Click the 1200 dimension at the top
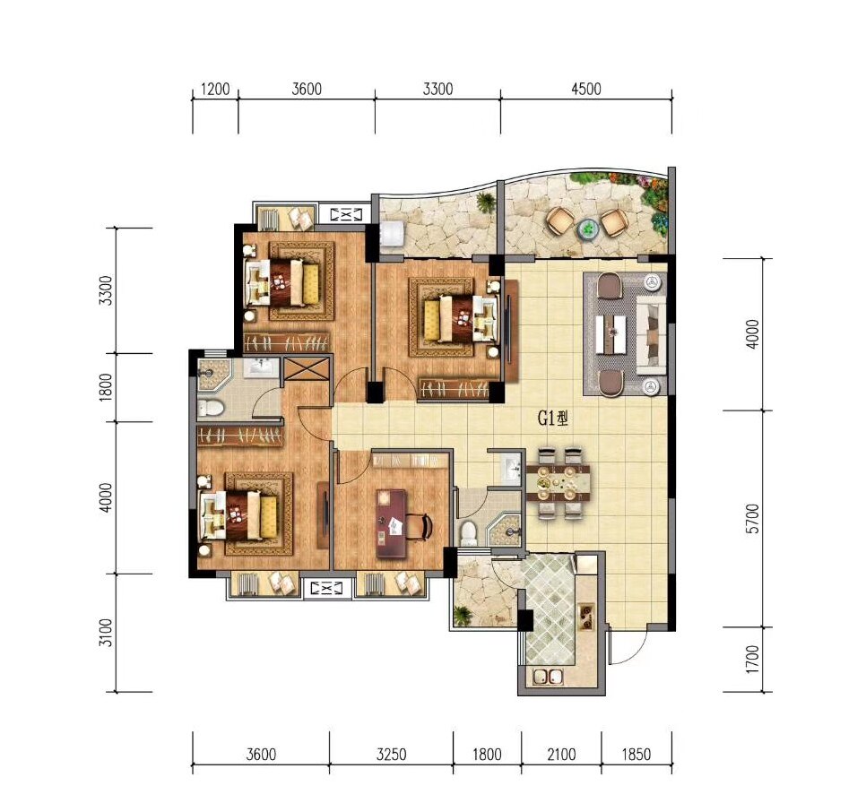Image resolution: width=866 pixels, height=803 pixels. [x=215, y=89]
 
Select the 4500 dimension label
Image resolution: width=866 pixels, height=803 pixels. [x=586, y=89]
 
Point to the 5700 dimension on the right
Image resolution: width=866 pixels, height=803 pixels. [x=752, y=519]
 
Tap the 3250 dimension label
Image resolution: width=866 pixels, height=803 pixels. [x=392, y=754]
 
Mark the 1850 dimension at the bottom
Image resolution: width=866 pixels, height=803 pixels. [x=637, y=754]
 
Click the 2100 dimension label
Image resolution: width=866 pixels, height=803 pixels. [x=562, y=754]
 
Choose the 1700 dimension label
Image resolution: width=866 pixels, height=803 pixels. [x=752, y=659]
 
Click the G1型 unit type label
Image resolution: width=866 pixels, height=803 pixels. [x=553, y=419]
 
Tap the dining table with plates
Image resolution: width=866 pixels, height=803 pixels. [x=559, y=483]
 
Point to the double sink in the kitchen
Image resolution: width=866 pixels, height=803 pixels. [x=548, y=676]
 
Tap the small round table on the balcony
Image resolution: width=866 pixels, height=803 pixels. [x=586, y=229]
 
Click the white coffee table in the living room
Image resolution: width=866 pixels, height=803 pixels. [x=611, y=333]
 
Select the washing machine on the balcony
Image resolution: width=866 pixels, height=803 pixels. [x=392, y=234]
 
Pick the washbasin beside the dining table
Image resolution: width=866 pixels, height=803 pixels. [x=512, y=469]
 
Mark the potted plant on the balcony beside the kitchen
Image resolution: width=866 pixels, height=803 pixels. [x=461, y=614]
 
